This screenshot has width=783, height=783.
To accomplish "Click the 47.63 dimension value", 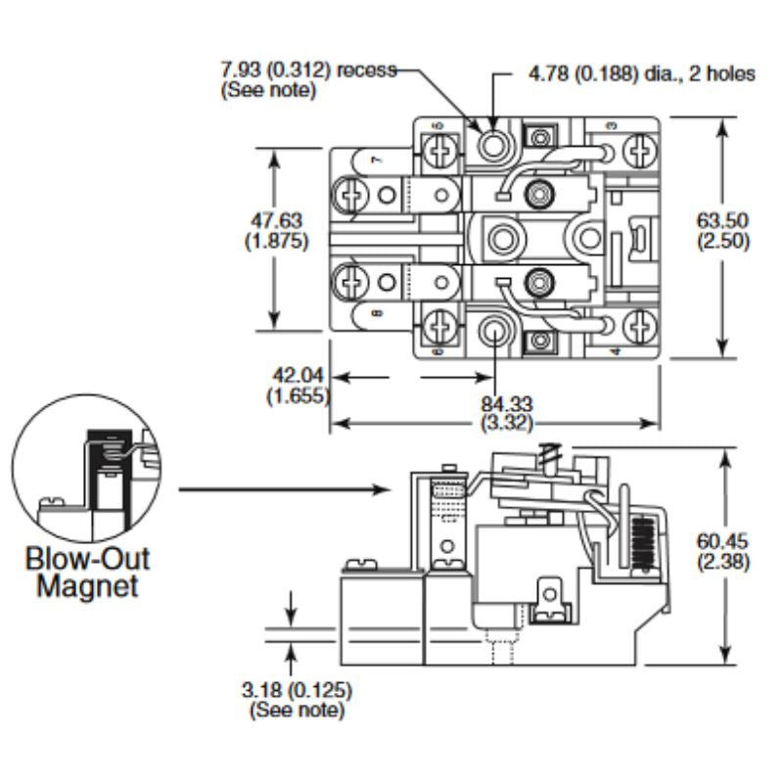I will pyautogui.click(x=276, y=224).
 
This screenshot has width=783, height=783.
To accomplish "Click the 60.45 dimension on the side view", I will pyautogui.click(x=722, y=541).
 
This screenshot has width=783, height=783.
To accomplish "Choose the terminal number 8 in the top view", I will pyautogui.click(x=377, y=313).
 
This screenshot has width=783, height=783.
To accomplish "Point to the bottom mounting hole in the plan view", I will pyautogui.click(x=494, y=334).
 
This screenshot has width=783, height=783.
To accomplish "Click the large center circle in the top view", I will pyautogui.click(x=505, y=238).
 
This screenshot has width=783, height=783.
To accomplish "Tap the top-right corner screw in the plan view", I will pyautogui.click(x=641, y=151).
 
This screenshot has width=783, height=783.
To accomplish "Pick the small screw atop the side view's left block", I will pyautogui.click(x=361, y=565).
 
